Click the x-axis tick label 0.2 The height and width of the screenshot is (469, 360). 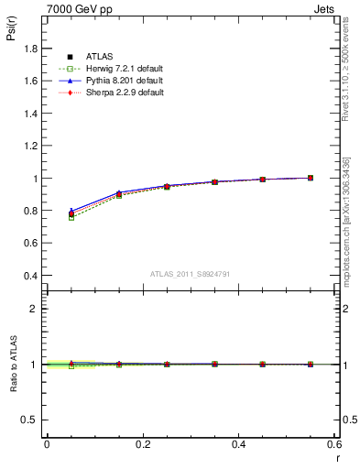click(x=143, y=445)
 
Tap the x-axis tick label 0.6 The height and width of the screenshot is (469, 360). click(x=334, y=445)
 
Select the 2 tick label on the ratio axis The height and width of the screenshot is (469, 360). click(x=36, y=309)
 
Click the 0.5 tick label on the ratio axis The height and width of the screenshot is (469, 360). click(x=32, y=420)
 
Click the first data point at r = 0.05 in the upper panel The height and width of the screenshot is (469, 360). click(x=71, y=213)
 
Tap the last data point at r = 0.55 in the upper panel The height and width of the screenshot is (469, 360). click(x=311, y=178)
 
